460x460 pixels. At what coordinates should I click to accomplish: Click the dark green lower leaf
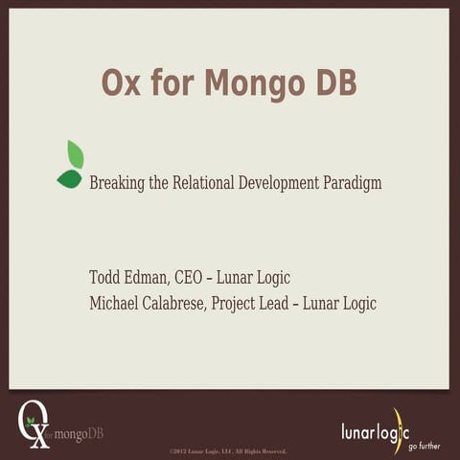click(x=69, y=178)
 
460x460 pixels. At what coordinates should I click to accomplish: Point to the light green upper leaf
click(x=75, y=153)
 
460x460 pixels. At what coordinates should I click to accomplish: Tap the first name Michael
click(x=114, y=304)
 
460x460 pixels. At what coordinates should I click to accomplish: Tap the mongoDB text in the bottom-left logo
click(x=80, y=434)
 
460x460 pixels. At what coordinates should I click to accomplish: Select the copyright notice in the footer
click(x=228, y=450)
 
